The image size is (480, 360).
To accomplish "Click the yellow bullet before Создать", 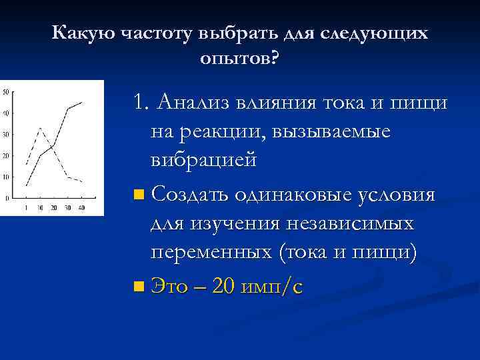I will [138, 195].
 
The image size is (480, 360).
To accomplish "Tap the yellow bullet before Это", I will [138, 287].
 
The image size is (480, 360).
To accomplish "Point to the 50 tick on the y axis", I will [6, 92].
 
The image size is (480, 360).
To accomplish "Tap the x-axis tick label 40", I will [81, 208].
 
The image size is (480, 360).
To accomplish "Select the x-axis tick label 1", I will [26, 208].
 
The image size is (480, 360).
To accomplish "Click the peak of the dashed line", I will [40, 127].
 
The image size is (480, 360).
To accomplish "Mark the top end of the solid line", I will [81, 102].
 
